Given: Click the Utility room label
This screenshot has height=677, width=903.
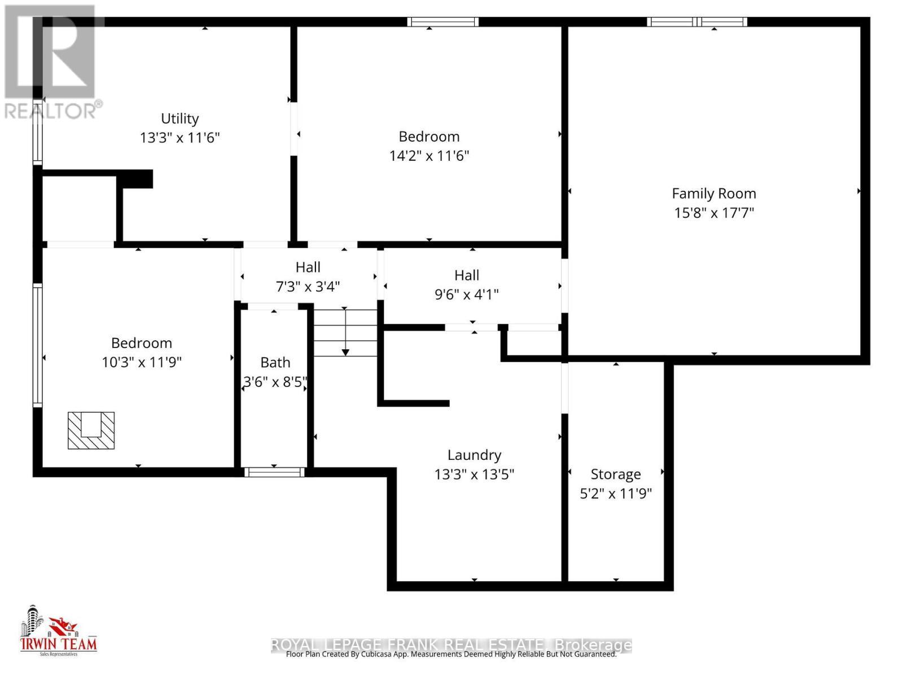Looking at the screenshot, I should pos(179,118).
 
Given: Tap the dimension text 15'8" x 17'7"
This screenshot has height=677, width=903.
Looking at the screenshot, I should pos(714,213).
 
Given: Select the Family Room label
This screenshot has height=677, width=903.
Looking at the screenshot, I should pos(714,194).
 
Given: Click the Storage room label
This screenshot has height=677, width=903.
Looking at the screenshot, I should pos(616,474).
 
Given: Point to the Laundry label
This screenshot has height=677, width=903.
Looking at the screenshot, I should pos(474,455).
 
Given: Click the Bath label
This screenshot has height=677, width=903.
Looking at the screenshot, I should pos(275,362).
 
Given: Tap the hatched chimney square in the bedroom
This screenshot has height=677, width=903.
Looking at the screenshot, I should pos(91,430).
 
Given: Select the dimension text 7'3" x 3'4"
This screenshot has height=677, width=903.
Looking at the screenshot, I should pos(308,287).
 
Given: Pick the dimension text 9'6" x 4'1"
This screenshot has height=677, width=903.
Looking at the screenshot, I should pos(467,294).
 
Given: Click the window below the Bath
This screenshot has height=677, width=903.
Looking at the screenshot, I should pos(274,472).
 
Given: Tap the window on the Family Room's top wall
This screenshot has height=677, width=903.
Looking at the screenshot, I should pos(697,22).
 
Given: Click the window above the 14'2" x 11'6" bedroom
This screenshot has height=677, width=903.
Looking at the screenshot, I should pos(444,22).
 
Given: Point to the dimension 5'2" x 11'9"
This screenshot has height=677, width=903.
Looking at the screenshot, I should pos(616,494).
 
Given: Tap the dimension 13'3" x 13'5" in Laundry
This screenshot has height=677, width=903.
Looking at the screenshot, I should pos(474,474).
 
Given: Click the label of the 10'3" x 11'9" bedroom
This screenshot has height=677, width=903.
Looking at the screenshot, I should pos(141,343).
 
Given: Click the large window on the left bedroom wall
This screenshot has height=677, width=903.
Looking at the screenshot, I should pos(37,345).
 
